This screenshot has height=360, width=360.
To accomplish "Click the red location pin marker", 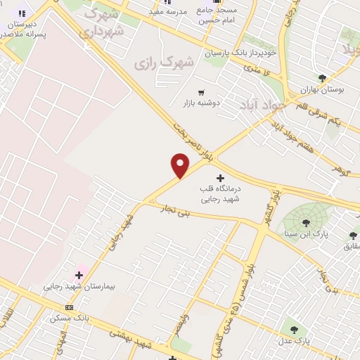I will [181, 165].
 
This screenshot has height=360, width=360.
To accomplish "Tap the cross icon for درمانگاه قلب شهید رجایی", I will [220, 179].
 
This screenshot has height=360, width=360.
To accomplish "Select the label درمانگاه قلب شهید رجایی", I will [220, 194].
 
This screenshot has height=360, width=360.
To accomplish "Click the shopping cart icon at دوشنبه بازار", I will [201, 92].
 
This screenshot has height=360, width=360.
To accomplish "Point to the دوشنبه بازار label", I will [202, 103].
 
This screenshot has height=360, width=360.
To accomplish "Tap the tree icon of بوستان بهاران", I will [323, 78].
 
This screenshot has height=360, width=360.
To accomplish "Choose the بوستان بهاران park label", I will [321, 90].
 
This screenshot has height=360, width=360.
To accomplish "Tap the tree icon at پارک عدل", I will [294, 329].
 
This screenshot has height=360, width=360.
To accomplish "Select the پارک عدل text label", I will [293, 341].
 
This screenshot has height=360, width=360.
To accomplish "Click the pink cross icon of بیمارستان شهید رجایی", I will [79, 274].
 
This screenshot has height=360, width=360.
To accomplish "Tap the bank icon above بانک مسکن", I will [69, 307].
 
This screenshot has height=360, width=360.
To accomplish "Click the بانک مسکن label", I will [70, 319].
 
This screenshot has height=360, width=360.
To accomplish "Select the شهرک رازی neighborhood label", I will [163, 63].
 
